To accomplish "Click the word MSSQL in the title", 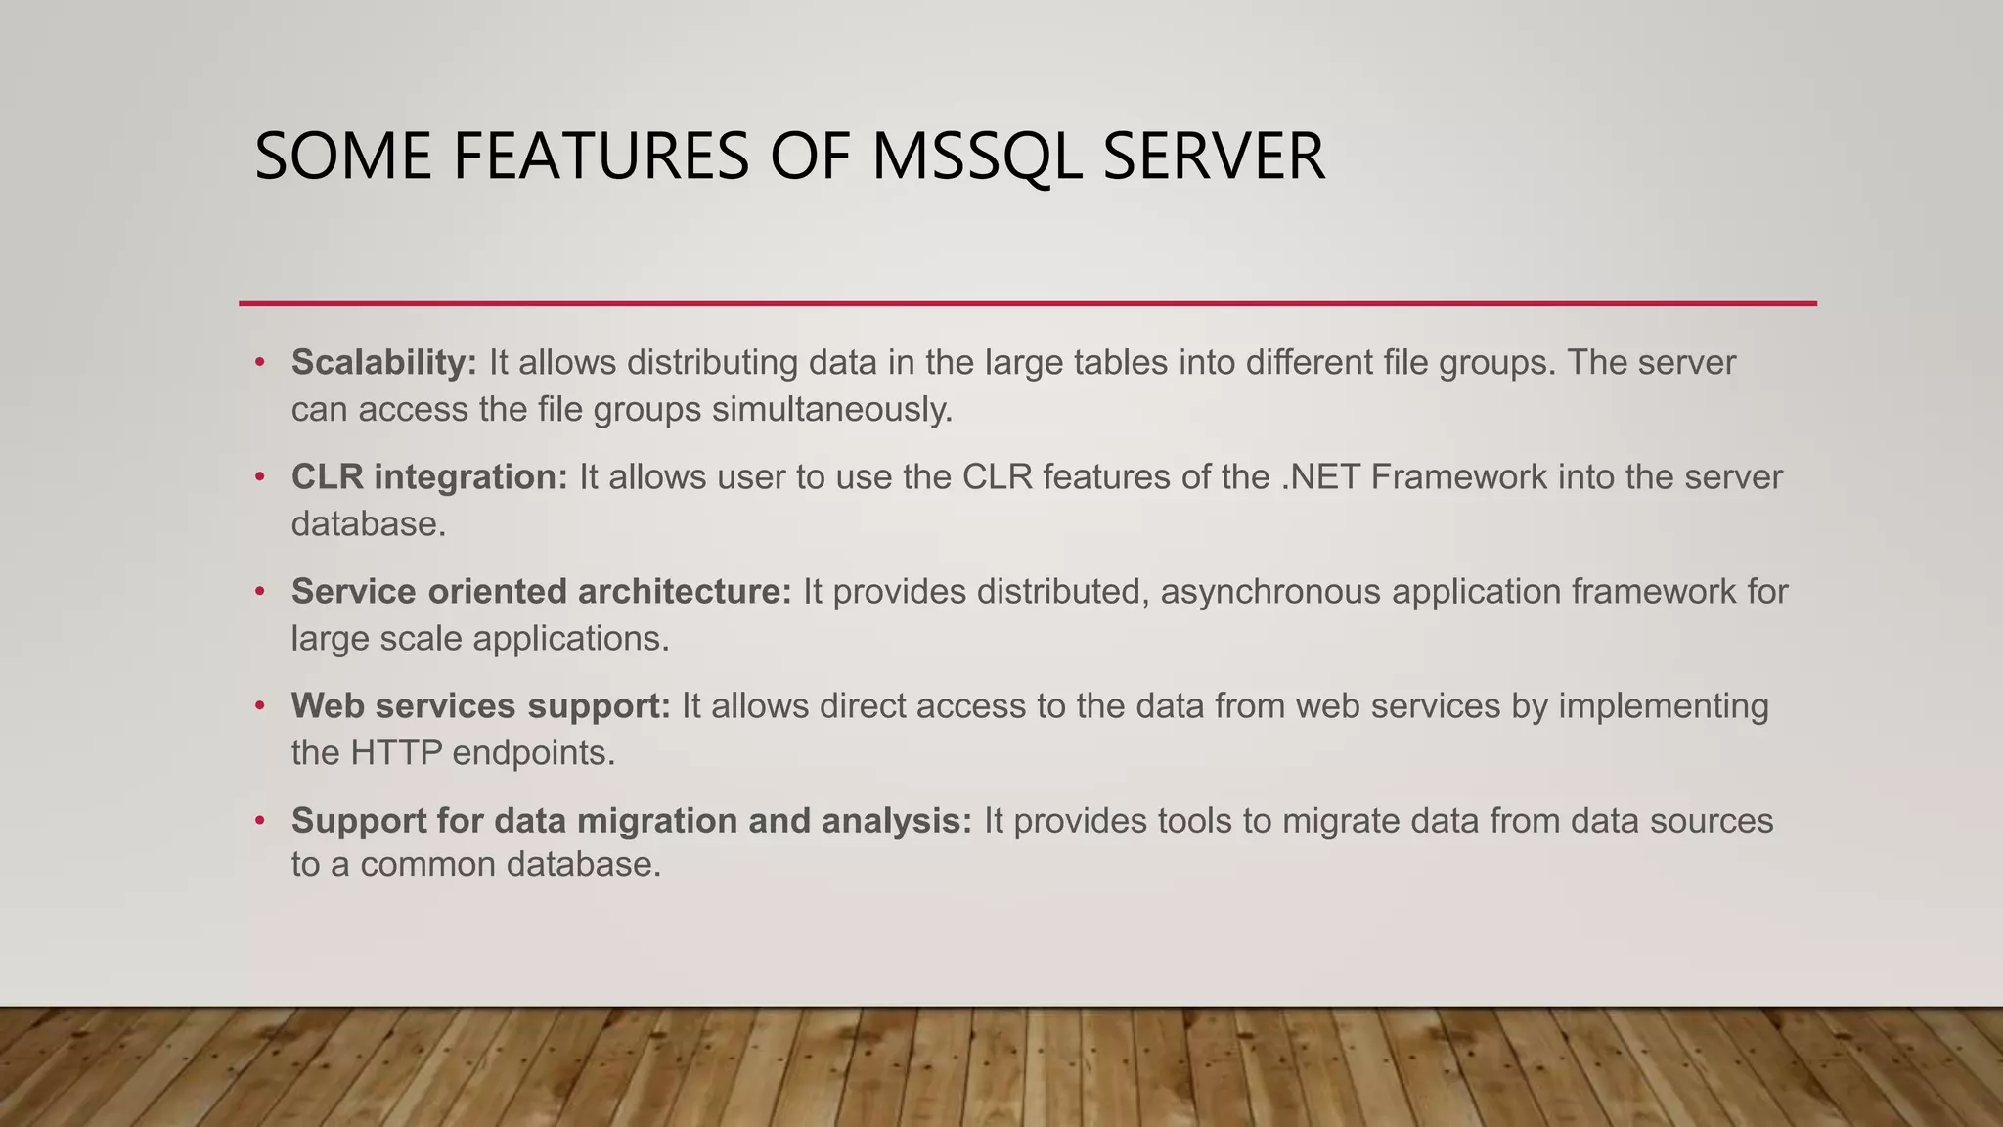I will pyautogui.click(x=976, y=157).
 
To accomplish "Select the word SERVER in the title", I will pyautogui.click(x=1214, y=157).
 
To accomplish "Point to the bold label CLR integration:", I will pyautogui.click(x=429, y=477).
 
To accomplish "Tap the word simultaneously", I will pyautogui.click(x=832, y=409).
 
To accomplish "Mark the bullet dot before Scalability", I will pyautogui.click(x=260, y=363).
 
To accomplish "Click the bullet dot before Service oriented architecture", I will pyautogui.click(x=260, y=592).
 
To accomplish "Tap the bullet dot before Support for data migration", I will pyautogui.click(x=260, y=821).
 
